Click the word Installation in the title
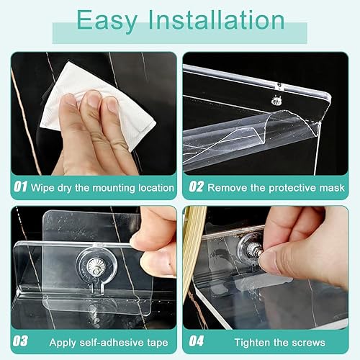pyautogui.click(x=217, y=20)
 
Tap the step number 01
pyautogui.click(x=20, y=186)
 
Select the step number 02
pyautogui.click(x=197, y=186)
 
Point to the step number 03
pyautogui.click(x=20, y=341)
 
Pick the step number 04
pyautogui.click(x=197, y=341)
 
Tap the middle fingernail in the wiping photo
pyautogui.click(x=93, y=99)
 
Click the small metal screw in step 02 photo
pyautogui.click(x=276, y=101)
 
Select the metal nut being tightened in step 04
pyautogui.click(x=254, y=250)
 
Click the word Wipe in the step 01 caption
pyautogui.click(x=42, y=187)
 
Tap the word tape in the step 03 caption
pyautogui.click(x=156, y=343)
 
